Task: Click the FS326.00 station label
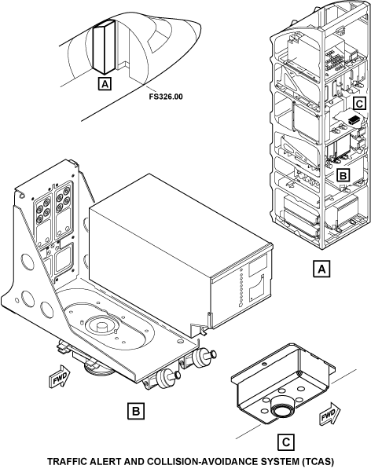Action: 165,97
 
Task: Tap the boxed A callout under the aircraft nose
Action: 105,84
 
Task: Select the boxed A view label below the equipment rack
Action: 321,269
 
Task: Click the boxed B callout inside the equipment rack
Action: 343,175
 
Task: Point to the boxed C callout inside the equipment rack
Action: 359,104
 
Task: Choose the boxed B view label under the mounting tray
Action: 136,411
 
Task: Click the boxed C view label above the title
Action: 286,442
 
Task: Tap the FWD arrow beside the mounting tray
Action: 60,376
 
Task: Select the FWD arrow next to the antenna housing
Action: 330,414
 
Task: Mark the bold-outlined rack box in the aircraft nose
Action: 104,47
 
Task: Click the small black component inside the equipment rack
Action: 354,119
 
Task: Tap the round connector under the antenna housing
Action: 282,409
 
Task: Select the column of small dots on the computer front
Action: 241,288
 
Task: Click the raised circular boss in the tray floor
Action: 101,324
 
